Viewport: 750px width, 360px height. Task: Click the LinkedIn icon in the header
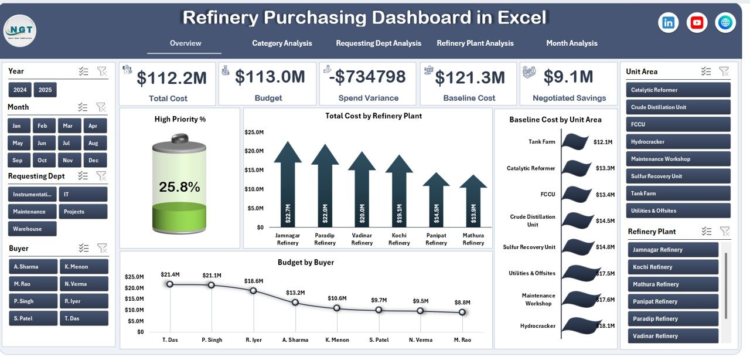point(668,23)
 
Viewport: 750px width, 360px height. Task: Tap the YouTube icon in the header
point(697,23)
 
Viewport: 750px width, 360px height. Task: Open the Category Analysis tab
point(282,43)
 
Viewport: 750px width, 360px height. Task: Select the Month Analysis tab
point(571,43)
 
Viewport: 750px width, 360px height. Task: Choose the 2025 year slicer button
point(45,90)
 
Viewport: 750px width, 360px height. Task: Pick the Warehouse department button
point(32,229)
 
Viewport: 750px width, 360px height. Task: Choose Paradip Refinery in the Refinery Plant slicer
point(673,319)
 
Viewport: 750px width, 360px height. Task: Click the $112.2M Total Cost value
point(171,77)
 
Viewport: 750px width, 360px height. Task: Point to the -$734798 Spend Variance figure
point(367,77)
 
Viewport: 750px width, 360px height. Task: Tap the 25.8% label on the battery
point(179,187)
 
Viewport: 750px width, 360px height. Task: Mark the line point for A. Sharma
point(295,303)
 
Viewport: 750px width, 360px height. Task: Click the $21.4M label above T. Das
point(170,274)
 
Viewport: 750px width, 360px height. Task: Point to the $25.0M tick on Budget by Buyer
point(135,277)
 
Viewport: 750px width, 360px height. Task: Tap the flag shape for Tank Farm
point(575,141)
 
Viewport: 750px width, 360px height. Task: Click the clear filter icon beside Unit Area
point(724,72)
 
